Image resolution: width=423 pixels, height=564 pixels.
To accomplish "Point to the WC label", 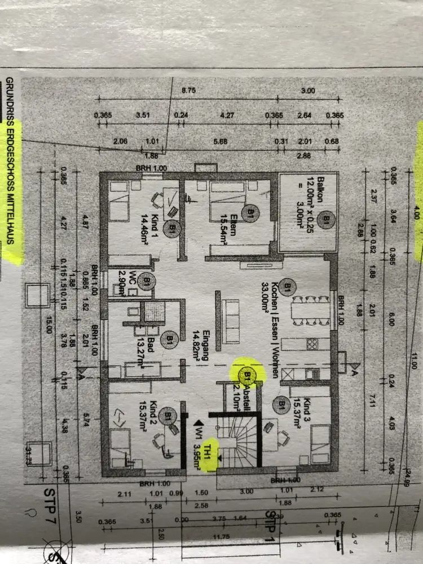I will pos(131,279).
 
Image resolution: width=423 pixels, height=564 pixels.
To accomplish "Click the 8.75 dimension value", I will pos(188,90).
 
